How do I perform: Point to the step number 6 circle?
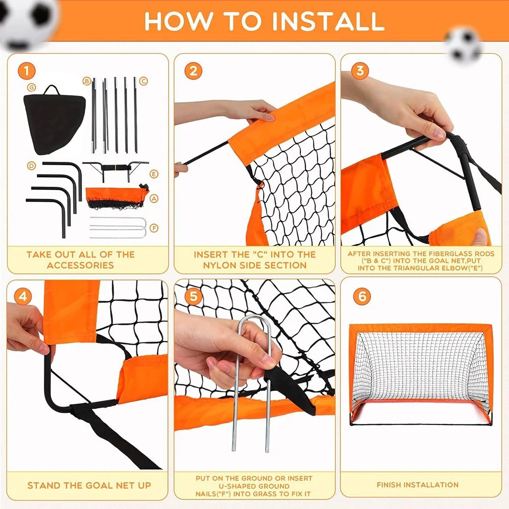(x=362, y=296)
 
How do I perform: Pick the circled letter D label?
(x=32, y=165)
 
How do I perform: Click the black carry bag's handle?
(x=50, y=91)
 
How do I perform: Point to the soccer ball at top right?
(x=464, y=43)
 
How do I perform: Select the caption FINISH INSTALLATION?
(x=417, y=485)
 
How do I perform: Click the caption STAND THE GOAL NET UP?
(x=89, y=486)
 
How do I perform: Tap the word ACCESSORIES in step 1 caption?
(x=80, y=265)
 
